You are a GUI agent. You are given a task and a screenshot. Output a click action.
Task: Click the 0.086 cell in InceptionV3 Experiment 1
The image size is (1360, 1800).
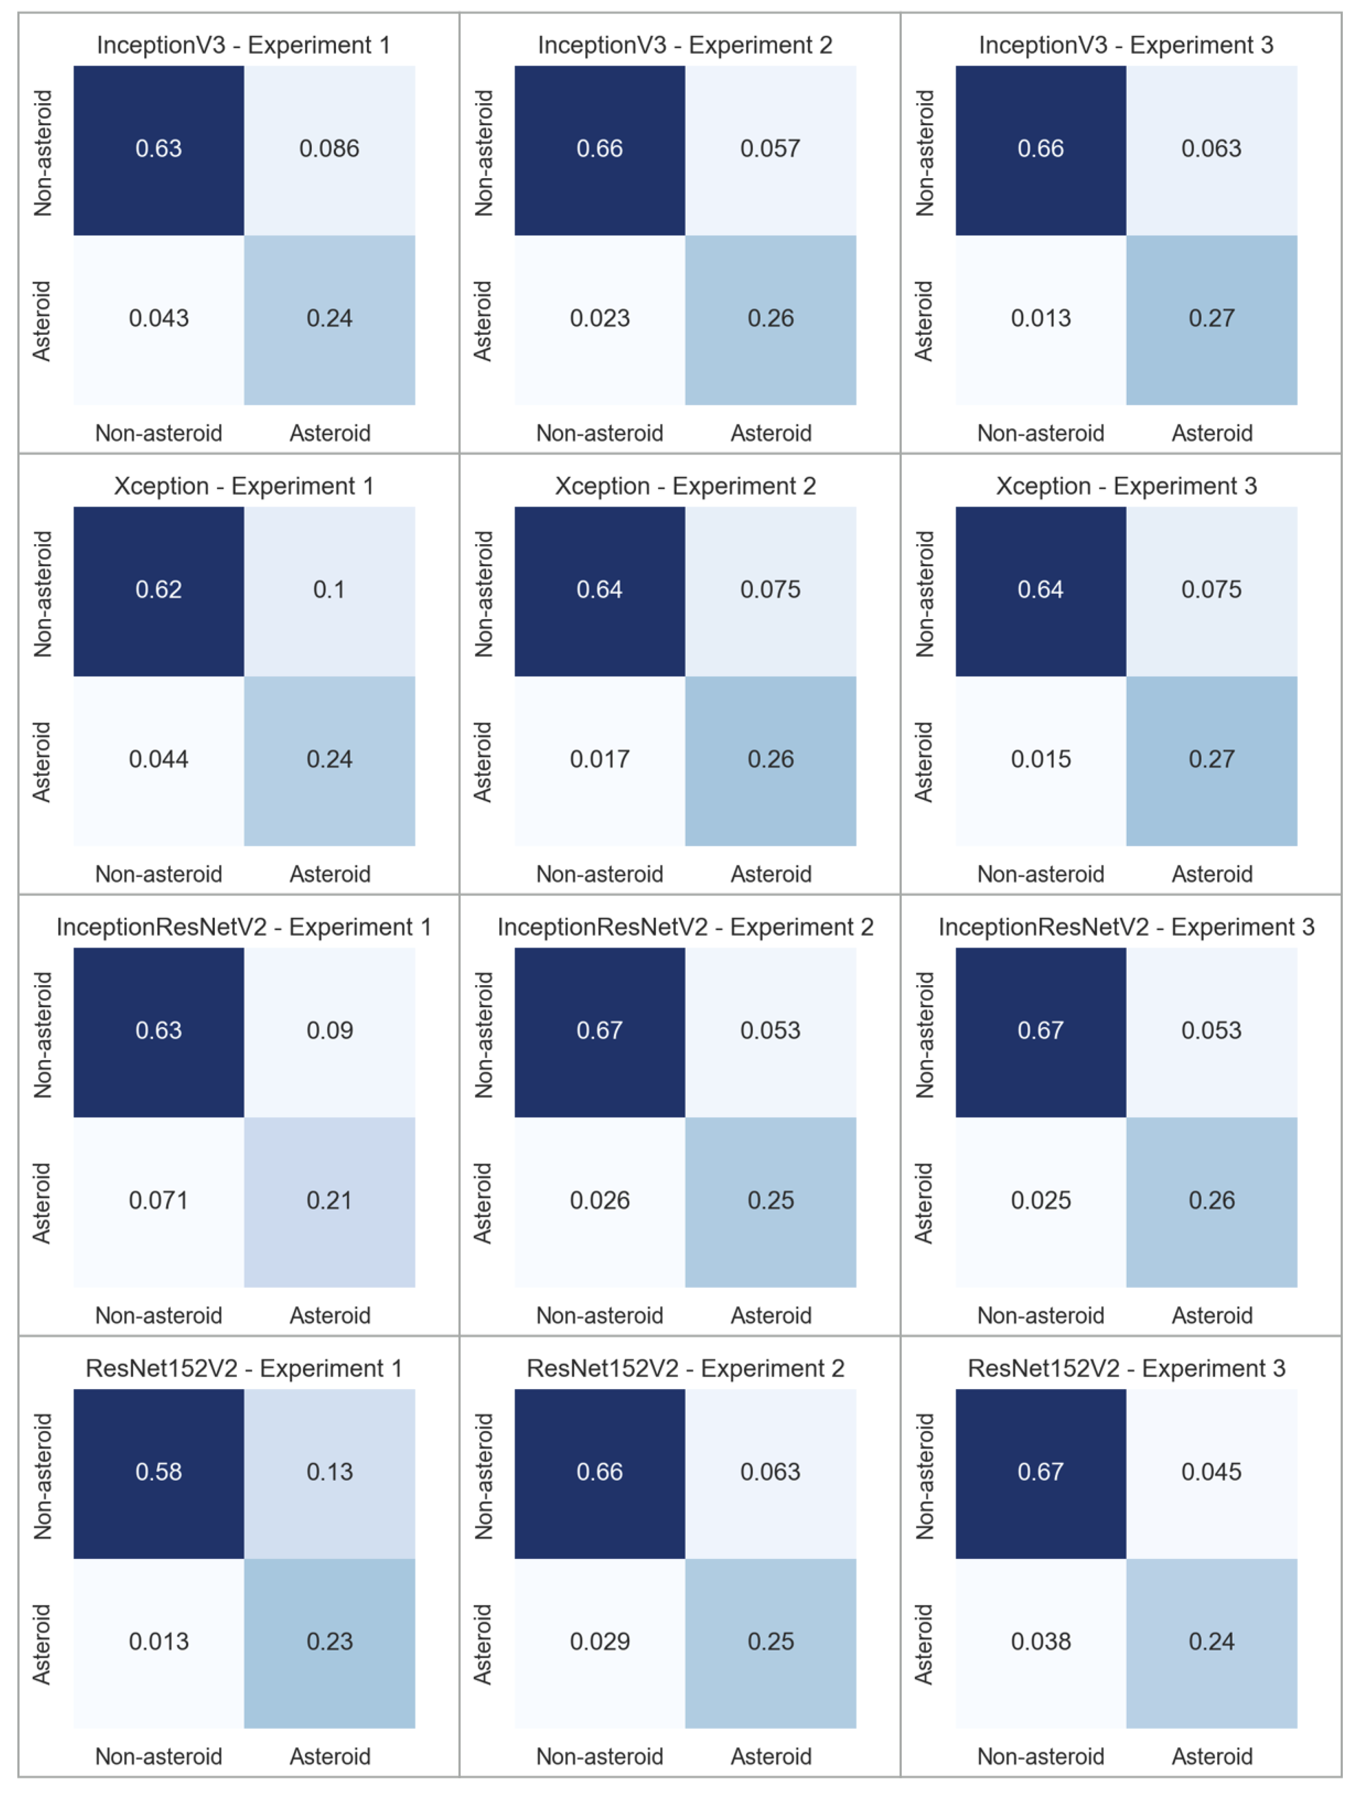click(x=329, y=149)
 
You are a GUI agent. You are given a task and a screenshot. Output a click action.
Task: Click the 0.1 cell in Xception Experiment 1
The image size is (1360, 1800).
click(x=329, y=590)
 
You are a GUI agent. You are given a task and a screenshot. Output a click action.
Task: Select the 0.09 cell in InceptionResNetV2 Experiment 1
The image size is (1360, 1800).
click(x=329, y=1031)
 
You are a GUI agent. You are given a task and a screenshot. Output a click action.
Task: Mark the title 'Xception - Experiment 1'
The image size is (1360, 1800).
click(x=243, y=487)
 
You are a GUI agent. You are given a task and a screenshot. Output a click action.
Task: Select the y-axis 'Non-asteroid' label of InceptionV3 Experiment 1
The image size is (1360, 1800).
click(x=42, y=153)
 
